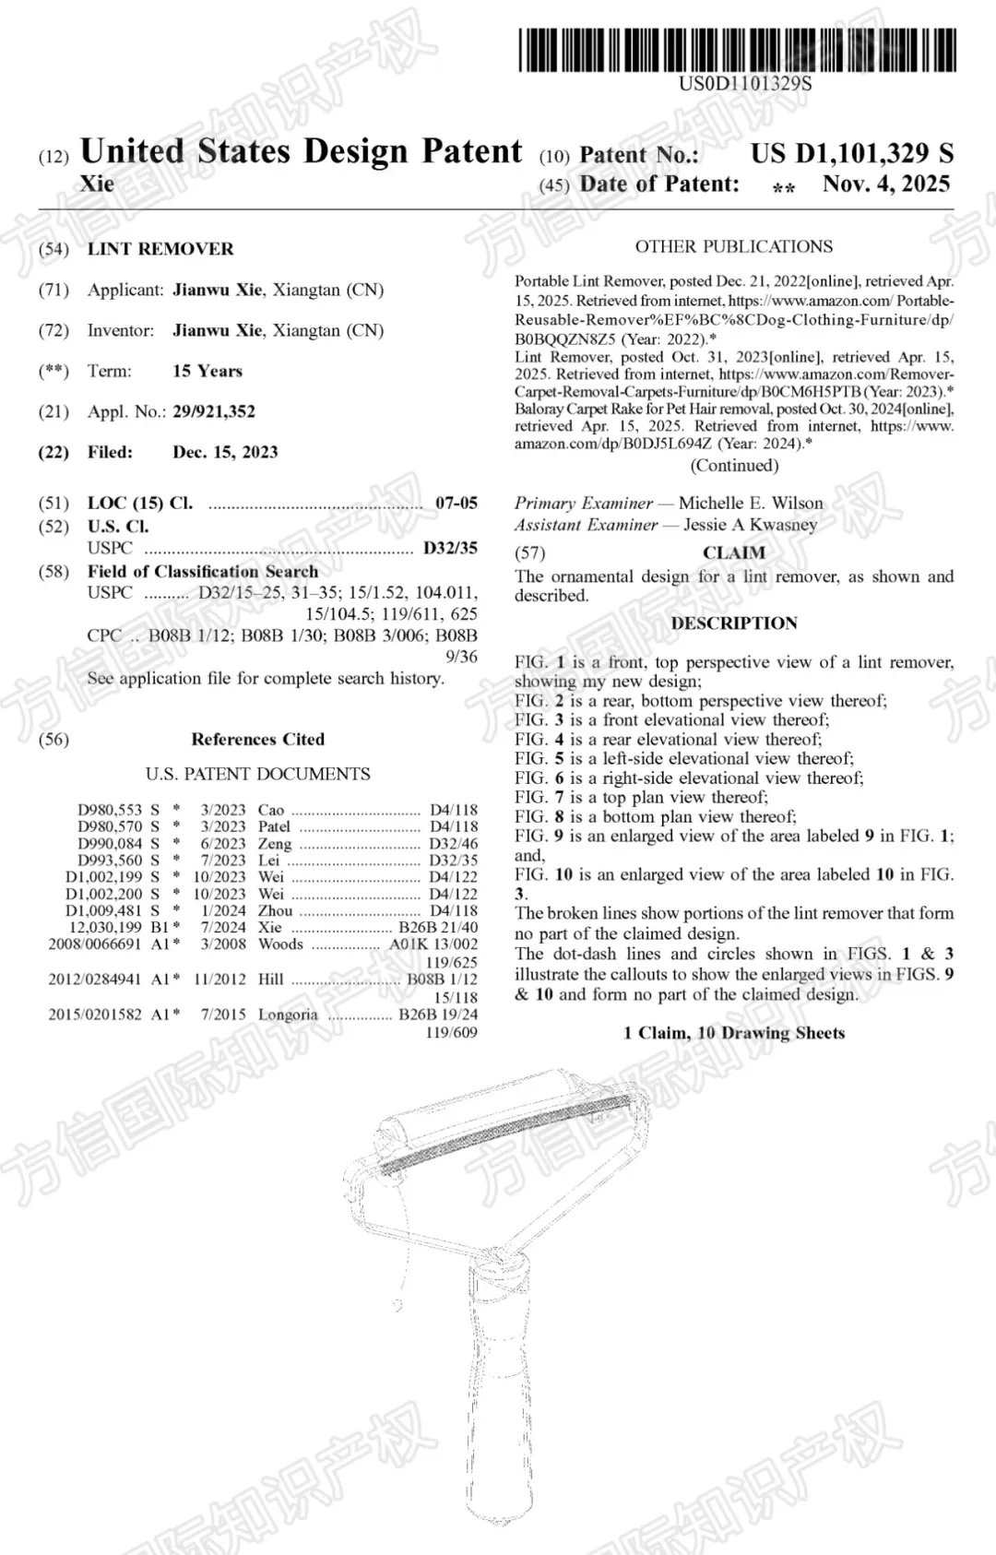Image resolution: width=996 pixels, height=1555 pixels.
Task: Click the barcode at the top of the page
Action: [737, 51]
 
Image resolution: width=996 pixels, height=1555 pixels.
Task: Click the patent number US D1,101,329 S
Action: [851, 153]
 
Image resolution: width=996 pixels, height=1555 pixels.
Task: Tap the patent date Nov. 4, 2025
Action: [885, 184]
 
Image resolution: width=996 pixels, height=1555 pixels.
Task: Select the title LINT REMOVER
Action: [160, 249]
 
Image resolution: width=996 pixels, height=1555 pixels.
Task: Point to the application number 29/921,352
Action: [214, 411]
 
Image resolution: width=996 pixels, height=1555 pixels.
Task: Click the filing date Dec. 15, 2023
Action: [225, 452]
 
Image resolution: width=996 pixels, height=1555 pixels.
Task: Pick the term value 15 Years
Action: [207, 371]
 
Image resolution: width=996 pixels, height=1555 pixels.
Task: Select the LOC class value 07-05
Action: [456, 503]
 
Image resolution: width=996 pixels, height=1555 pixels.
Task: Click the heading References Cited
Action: [258, 739]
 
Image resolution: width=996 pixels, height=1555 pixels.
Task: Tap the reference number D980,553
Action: [110, 810]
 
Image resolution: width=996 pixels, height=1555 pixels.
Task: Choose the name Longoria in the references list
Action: [288, 1015]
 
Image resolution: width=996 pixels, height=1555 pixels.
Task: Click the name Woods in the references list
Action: [280, 944]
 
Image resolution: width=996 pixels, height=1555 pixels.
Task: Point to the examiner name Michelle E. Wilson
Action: [751, 503]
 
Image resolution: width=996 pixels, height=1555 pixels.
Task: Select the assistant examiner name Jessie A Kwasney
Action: [750, 525]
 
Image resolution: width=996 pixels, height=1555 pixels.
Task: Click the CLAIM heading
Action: [734, 552]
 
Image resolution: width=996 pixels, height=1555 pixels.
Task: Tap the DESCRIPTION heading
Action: [734, 623]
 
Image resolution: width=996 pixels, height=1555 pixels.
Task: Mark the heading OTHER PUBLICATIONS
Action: [733, 246]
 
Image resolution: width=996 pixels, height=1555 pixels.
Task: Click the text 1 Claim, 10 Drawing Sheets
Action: [734, 1033]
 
